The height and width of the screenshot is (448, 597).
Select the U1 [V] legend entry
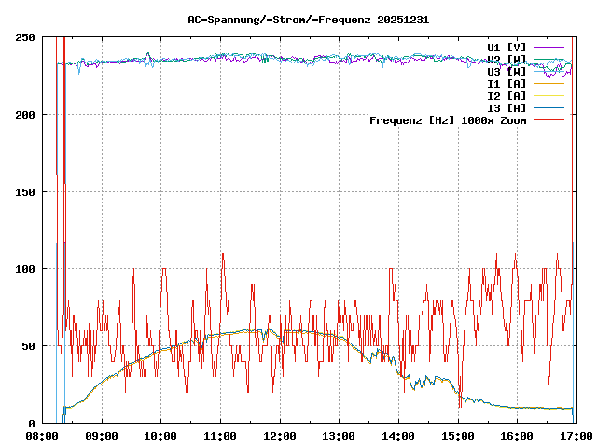point(507,47)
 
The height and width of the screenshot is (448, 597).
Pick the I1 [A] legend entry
point(507,83)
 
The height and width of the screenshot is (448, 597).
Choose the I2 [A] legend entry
point(507,95)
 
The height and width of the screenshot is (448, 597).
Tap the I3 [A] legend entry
point(507,107)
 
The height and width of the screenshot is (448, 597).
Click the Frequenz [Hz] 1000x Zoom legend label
point(448,119)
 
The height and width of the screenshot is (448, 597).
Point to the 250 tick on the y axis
point(26,37)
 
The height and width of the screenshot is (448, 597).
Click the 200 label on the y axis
point(26,115)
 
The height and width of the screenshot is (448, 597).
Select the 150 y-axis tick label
point(26,191)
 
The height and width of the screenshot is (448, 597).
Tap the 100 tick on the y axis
point(26,269)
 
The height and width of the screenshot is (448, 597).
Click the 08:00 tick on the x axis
point(42,436)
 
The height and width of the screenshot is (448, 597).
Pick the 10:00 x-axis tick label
point(160,436)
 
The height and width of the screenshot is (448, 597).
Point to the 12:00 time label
point(279,436)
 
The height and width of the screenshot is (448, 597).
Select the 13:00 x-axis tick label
point(339,436)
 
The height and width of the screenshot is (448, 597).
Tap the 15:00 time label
point(457,436)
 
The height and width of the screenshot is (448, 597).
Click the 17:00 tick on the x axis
point(576,436)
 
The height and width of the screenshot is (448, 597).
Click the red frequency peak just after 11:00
point(223,254)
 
